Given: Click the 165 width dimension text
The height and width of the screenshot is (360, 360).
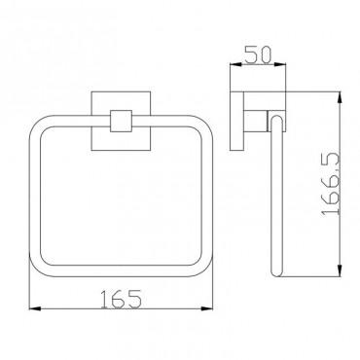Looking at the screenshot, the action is click(x=121, y=299).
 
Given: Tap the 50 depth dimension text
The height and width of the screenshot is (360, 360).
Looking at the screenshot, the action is click(x=258, y=54).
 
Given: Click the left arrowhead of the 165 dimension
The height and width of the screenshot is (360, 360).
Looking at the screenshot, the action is click(x=35, y=308).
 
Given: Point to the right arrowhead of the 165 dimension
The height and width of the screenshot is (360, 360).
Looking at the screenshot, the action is click(x=207, y=308).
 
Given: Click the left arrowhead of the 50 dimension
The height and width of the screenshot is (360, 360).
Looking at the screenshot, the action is click(x=235, y=64).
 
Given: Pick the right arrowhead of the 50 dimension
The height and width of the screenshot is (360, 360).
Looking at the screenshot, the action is click(x=280, y=64).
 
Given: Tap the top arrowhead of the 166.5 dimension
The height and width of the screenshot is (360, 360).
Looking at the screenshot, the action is click(x=340, y=97).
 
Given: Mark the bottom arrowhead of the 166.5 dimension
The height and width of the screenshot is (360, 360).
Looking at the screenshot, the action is click(x=340, y=270).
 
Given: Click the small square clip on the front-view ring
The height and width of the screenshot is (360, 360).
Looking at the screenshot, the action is click(x=121, y=121).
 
